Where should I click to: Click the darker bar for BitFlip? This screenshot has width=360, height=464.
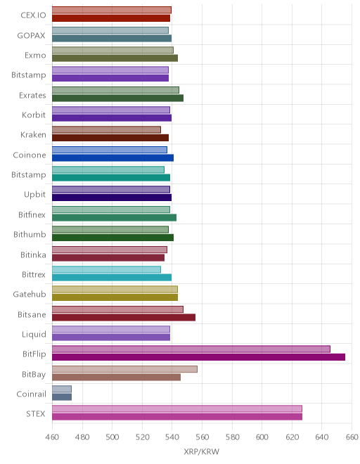(x=198, y=357)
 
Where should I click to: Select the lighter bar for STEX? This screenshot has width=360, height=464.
(x=177, y=408)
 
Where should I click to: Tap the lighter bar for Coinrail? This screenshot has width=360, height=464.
(x=62, y=389)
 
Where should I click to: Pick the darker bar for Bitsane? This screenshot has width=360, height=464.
(x=124, y=318)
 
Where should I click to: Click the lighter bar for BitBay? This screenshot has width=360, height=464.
(x=124, y=369)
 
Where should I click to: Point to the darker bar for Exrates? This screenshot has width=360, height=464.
(x=117, y=98)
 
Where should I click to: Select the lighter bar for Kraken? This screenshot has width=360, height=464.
(x=106, y=129)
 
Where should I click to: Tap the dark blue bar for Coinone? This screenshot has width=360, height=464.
(x=112, y=157)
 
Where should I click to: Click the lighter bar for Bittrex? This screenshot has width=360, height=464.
(x=106, y=269)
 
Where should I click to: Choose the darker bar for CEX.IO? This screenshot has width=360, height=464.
(x=111, y=18)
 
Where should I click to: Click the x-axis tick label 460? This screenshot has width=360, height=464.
(x=52, y=437)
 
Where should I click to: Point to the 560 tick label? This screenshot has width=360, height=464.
(x=202, y=437)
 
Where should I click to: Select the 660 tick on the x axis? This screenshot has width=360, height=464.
(x=352, y=437)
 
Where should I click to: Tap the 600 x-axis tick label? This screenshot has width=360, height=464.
(x=262, y=437)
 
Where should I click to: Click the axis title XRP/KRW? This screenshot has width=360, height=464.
(x=202, y=451)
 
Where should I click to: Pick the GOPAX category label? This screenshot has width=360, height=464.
(x=31, y=36)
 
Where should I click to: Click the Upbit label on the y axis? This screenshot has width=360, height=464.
(x=34, y=195)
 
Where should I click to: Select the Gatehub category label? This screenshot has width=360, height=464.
(x=30, y=294)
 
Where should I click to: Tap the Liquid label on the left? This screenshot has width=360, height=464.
(x=34, y=335)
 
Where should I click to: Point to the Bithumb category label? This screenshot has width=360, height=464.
(x=30, y=234)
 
